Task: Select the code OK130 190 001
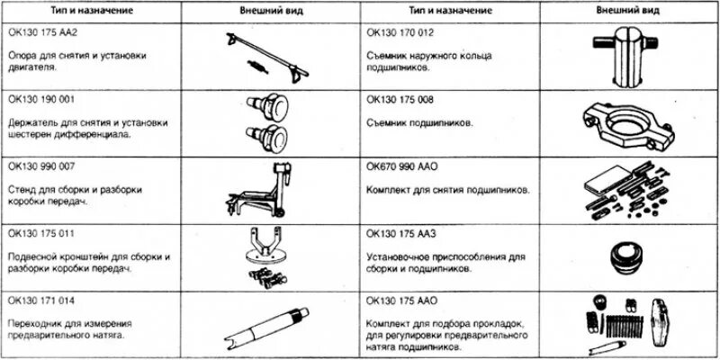point(44,99)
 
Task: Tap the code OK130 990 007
point(44,166)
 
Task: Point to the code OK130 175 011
point(43,233)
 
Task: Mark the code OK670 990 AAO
point(405,166)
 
